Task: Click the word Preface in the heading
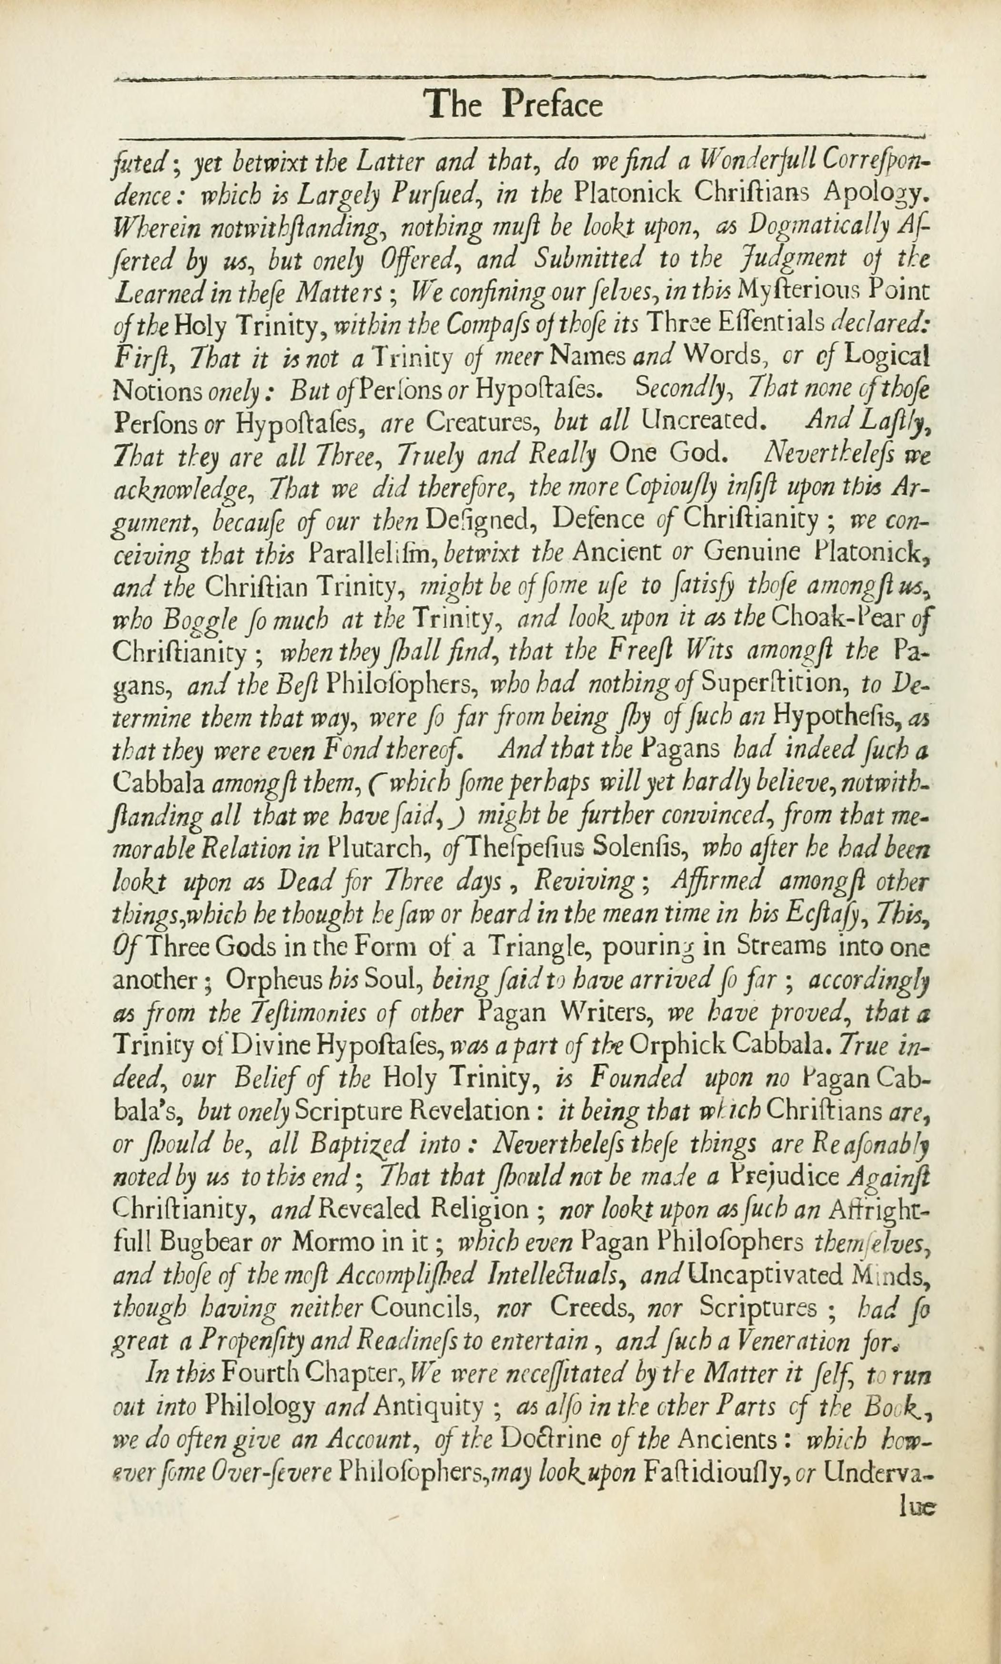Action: (x=553, y=105)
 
